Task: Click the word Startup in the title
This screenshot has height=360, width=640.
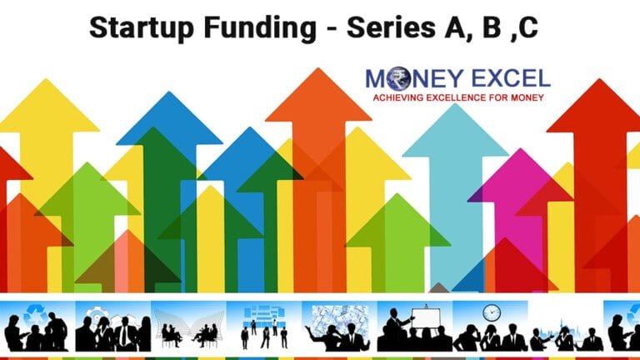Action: (x=134, y=27)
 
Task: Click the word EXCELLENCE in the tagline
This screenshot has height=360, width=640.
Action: (x=467, y=98)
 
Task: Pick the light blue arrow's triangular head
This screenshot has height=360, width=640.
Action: (x=455, y=133)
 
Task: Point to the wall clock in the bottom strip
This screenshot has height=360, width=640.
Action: (x=491, y=312)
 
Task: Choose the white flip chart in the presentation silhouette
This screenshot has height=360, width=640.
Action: (x=428, y=317)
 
